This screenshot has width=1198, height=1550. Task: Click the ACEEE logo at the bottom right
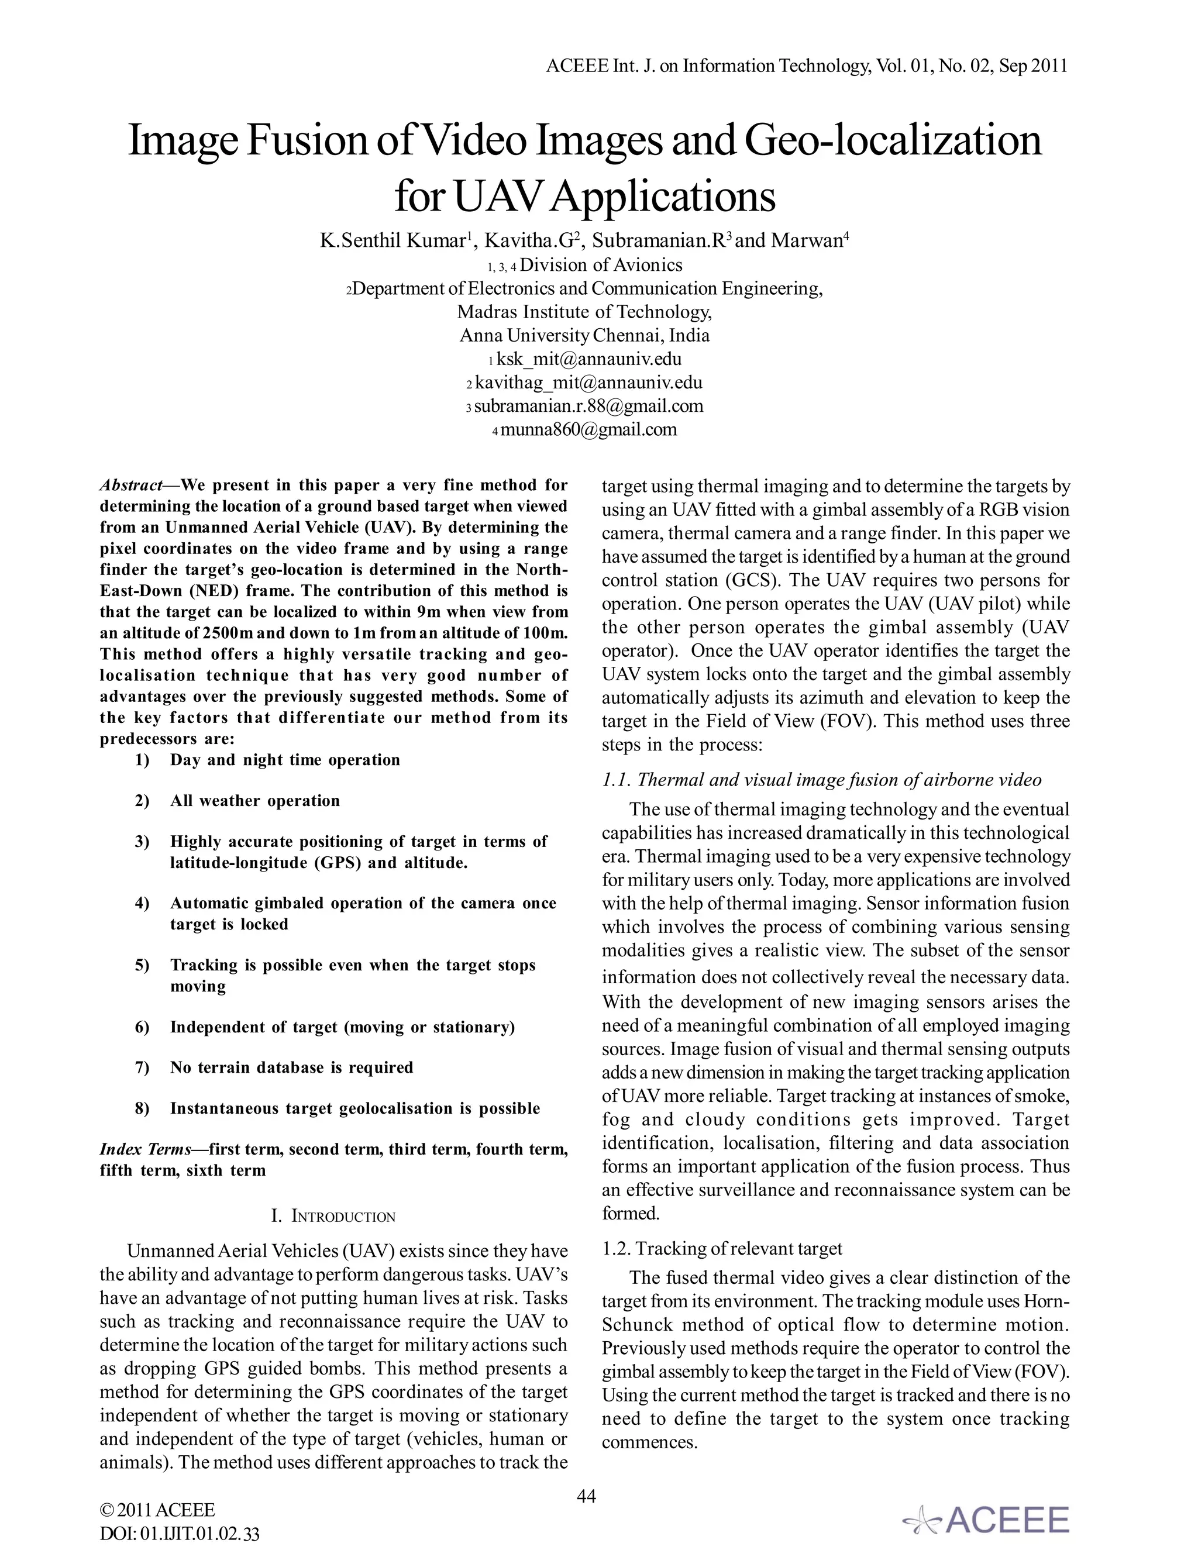(x=986, y=1520)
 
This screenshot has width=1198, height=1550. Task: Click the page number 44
(x=586, y=1497)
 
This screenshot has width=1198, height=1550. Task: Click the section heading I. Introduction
(x=333, y=1217)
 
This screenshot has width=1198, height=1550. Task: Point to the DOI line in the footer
(x=180, y=1534)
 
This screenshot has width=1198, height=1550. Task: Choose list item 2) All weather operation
(x=254, y=801)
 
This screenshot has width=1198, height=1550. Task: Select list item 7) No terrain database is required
(x=291, y=1067)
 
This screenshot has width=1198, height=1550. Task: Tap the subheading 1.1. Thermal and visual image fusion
(x=821, y=780)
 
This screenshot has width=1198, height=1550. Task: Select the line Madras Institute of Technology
(x=584, y=312)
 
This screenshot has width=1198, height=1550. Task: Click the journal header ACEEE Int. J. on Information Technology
(x=807, y=66)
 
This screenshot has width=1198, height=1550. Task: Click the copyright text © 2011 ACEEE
(x=157, y=1510)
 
